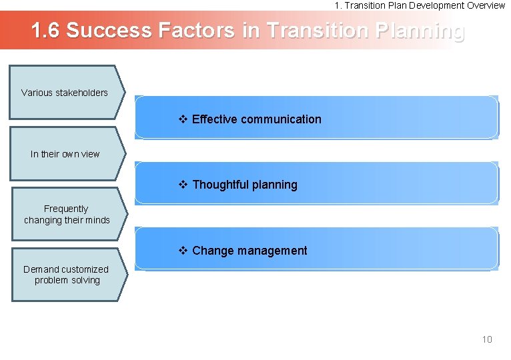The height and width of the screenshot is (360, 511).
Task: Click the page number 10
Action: [x=487, y=339]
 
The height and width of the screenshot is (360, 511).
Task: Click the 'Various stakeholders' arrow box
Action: [x=65, y=93]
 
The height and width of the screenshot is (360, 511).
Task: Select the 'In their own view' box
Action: [x=65, y=154]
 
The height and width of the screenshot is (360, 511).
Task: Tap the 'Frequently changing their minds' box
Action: [x=67, y=214]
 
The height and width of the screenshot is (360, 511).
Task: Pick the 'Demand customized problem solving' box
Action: [x=66, y=275]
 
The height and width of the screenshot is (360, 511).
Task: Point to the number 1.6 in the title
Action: [x=45, y=31]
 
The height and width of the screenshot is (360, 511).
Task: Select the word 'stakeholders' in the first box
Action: [x=81, y=93]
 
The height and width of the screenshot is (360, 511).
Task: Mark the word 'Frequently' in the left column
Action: [x=66, y=209]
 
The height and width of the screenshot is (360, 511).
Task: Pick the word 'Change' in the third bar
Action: [x=211, y=251]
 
